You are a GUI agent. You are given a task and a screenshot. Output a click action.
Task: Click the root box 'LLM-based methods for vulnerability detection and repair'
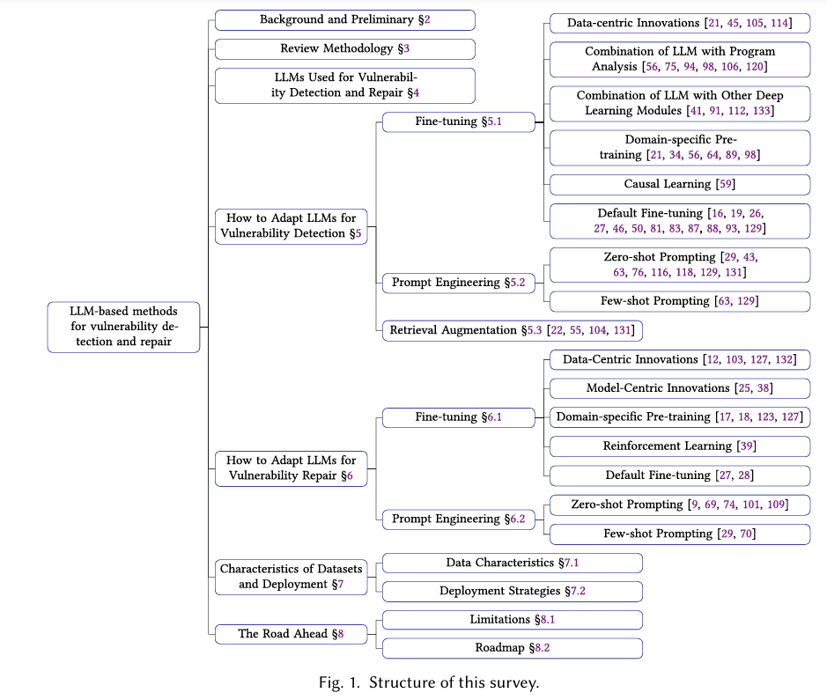click(123, 327)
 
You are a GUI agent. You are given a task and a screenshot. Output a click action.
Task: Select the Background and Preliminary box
click(345, 20)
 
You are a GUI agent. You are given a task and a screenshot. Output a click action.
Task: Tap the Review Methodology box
click(345, 49)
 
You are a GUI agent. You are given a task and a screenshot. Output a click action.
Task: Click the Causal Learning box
click(680, 185)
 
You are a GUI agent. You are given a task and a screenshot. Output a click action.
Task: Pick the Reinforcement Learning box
click(680, 446)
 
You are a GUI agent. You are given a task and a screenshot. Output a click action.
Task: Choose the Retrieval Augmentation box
click(512, 330)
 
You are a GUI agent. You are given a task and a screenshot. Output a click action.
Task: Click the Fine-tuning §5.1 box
click(458, 122)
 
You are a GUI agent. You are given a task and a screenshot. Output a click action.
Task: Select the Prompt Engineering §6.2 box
click(458, 519)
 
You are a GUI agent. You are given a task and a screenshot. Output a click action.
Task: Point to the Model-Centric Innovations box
click(680, 388)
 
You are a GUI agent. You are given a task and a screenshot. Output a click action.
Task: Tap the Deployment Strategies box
click(512, 592)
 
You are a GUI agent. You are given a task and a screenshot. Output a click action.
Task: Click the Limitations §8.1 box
click(512, 620)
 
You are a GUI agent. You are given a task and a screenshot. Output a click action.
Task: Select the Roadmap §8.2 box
click(512, 648)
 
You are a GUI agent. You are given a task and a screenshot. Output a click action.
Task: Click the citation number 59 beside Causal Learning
click(727, 184)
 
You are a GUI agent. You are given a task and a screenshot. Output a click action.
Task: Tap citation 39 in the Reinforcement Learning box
click(747, 446)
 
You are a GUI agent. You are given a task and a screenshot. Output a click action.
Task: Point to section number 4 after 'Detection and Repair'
click(416, 92)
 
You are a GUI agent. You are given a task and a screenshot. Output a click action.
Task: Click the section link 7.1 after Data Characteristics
click(572, 563)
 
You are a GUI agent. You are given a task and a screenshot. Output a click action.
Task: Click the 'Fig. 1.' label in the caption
click(339, 682)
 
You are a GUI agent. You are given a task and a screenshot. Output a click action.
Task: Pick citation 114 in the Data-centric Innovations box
click(779, 23)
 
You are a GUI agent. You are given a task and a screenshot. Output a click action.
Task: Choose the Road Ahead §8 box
click(292, 634)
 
